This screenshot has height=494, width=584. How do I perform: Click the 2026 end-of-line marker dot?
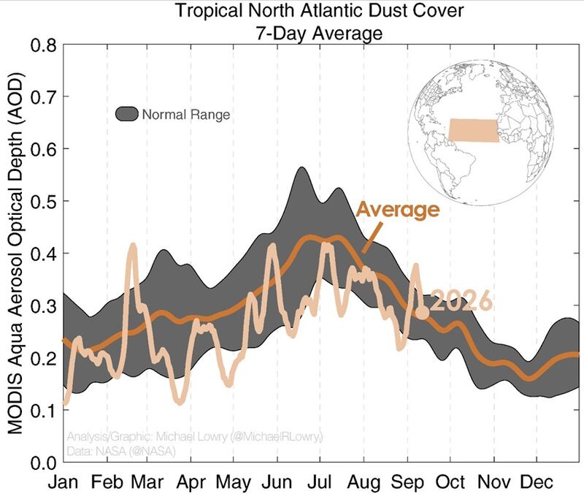click(422, 312)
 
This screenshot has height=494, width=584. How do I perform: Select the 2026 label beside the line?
click(461, 300)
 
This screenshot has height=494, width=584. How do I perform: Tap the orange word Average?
click(398, 210)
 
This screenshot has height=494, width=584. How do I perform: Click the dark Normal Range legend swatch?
click(126, 114)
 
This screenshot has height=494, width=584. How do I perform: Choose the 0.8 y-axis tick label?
click(43, 45)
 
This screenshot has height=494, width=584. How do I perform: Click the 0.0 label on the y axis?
click(43, 463)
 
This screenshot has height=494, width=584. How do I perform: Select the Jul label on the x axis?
click(319, 482)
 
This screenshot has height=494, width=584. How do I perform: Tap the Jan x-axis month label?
click(64, 482)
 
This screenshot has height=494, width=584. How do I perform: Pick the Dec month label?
click(537, 482)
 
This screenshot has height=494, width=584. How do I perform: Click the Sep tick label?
click(407, 482)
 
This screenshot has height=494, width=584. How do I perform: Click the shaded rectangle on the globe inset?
click(473, 130)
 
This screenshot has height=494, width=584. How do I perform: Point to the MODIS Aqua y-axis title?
click(15, 254)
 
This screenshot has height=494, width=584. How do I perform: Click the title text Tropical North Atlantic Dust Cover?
click(319, 10)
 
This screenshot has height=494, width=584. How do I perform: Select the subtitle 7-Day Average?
click(319, 33)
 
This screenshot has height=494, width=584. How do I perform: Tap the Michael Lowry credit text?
click(194, 436)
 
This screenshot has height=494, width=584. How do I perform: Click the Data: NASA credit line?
click(121, 451)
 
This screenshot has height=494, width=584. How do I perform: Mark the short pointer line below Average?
click(372, 237)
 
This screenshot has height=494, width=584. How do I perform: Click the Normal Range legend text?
click(186, 114)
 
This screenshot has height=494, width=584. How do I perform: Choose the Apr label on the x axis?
click(191, 482)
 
